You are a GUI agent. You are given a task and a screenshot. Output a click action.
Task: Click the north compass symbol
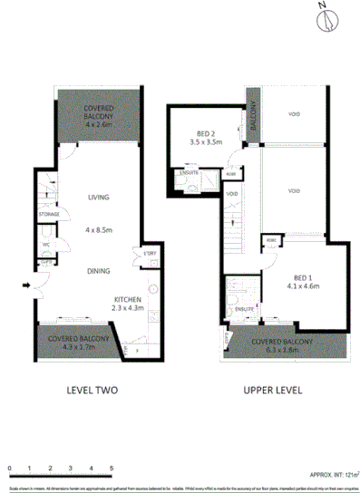point(322,20)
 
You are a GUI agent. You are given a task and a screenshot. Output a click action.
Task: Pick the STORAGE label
point(48,214)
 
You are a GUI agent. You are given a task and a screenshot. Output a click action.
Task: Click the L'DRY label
point(151,252)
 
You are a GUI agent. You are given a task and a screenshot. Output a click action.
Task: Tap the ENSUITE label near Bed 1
point(242,309)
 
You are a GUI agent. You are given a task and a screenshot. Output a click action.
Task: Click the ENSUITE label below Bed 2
point(190,172)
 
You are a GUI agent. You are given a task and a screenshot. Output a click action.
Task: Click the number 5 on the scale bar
point(112,468)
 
